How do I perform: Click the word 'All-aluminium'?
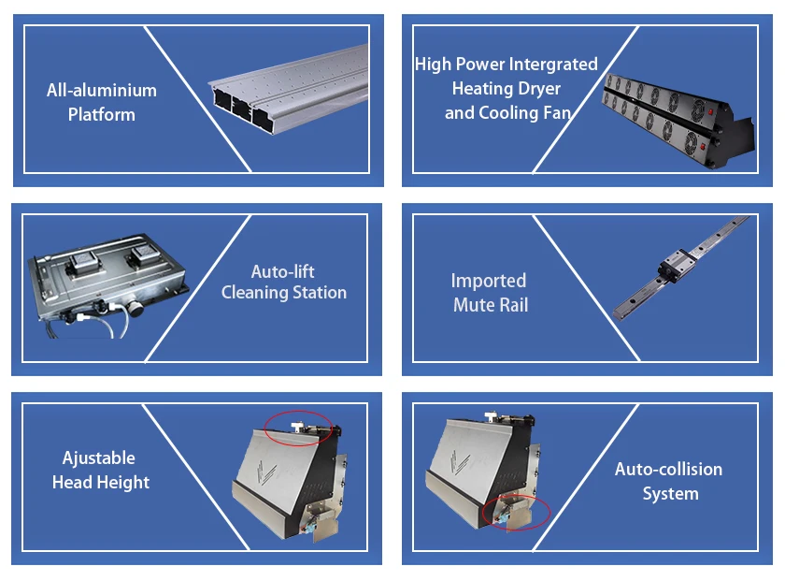point(102,90)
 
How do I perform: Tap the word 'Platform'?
point(102,114)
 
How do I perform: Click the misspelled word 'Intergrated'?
point(553,65)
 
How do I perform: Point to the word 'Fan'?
point(557,113)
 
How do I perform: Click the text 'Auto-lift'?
point(283,271)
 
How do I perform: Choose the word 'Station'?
point(320,292)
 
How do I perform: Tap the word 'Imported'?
point(489,281)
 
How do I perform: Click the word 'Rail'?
point(511,305)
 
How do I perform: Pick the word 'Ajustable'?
point(99,458)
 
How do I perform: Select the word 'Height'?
point(122,482)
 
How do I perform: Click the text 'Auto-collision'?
point(668,470)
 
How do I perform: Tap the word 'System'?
point(670,494)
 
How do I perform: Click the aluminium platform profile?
point(289,89)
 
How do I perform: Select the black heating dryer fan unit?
point(678,121)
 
